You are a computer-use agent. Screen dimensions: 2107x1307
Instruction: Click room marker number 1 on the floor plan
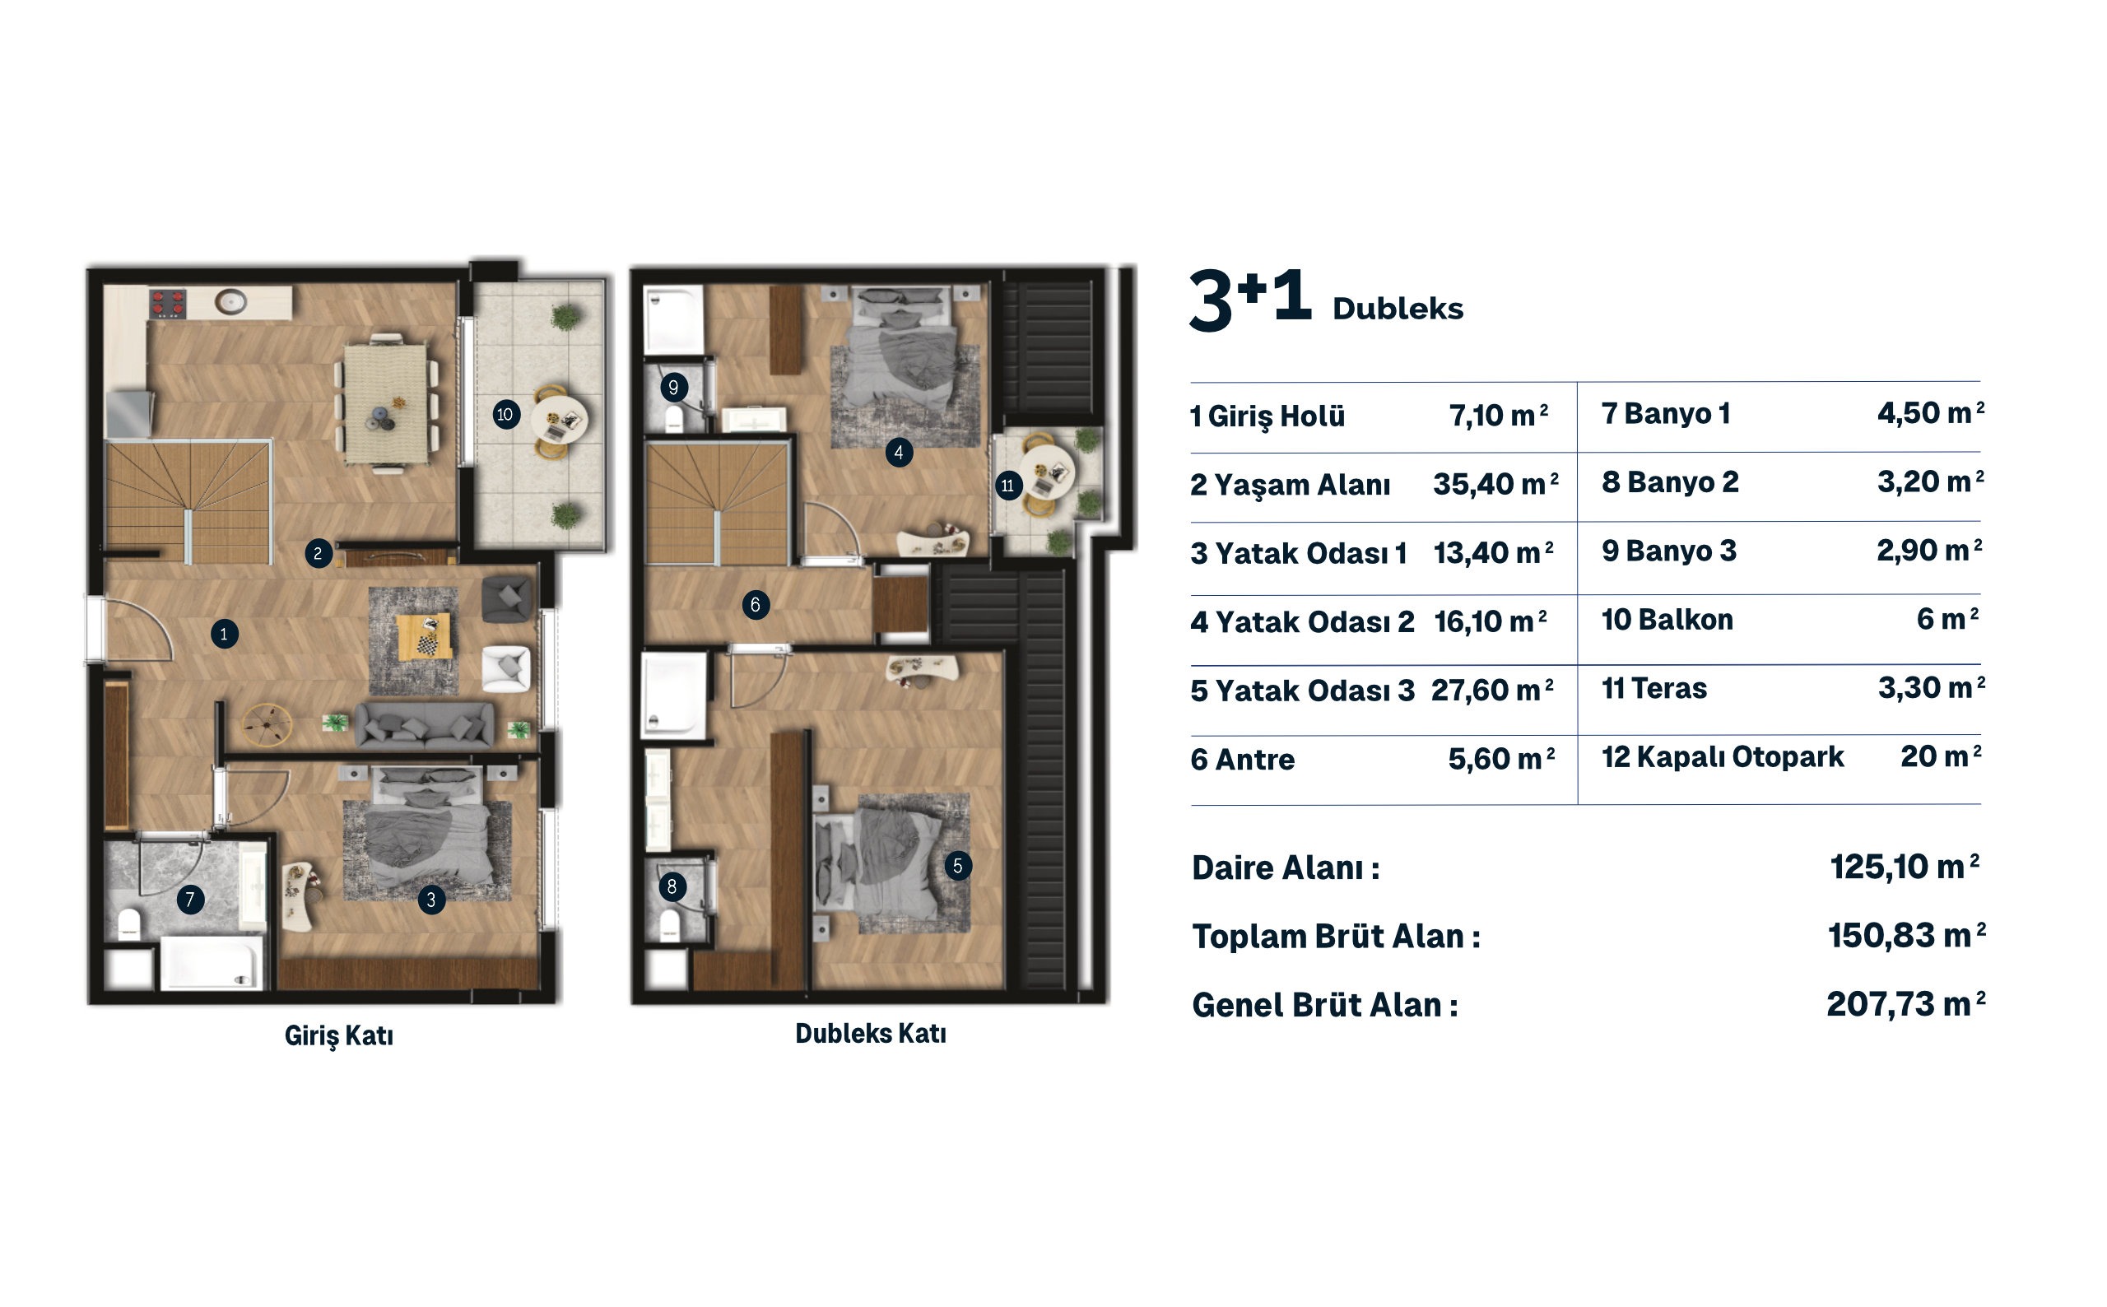coord(224,635)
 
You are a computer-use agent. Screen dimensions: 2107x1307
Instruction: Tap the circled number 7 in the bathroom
coord(190,900)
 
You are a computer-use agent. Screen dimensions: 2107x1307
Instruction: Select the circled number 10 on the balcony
coord(505,414)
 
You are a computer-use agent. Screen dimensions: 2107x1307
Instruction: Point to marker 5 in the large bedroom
coord(956,866)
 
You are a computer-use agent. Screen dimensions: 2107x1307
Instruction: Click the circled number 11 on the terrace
coord(1007,486)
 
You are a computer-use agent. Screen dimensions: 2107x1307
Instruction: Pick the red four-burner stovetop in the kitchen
coord(168,304)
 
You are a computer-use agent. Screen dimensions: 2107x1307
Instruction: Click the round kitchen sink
coord(230,303)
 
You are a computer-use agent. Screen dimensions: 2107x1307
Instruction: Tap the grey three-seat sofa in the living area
coord(425,724)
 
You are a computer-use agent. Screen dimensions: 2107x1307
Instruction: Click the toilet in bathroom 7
coord(130,924)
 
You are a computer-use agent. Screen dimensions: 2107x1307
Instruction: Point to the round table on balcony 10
coord(559,418)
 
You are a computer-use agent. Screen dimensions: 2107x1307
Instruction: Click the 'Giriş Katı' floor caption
coord(339,1035)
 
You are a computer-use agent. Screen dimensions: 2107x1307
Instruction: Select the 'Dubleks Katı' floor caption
coord(870,1034)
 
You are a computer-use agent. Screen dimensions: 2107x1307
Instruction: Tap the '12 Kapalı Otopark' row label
coord(1723,757)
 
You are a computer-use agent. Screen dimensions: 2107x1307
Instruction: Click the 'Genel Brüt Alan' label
coord(1325,1005)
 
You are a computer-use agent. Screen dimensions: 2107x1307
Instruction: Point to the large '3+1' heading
coord(1250,299)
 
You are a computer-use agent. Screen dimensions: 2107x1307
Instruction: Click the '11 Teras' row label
coord(1654,689)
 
